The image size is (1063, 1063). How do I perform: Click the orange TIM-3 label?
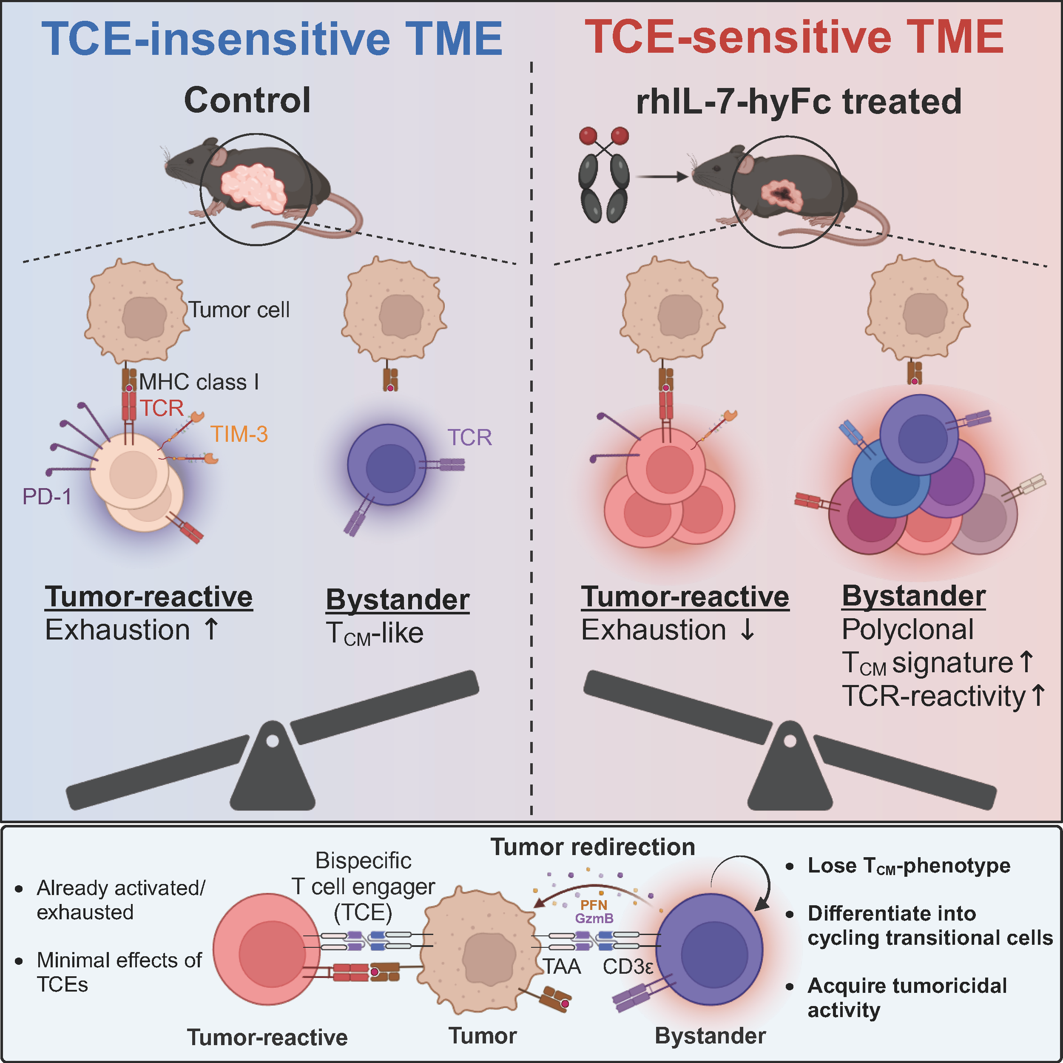[x=239, y=435]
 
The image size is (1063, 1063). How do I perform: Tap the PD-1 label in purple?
[x=47, y=497]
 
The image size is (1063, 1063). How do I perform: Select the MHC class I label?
[x=199, y=382]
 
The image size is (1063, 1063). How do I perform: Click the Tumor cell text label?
[x=239, y=310]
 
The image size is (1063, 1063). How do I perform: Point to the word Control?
[x=247, y=100]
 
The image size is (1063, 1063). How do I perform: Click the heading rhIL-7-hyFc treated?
[x=799, y=102]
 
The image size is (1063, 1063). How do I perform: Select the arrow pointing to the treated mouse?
[x=662, y=176]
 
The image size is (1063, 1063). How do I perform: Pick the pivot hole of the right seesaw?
[x=790, y=741]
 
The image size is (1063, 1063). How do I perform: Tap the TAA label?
[x=562, y=967]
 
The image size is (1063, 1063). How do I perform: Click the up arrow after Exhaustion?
[x=211, y=629]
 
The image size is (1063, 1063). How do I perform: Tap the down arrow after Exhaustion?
[x=747, y=629]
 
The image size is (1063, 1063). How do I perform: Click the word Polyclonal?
[x=908, y=629]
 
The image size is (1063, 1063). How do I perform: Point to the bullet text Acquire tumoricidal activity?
[x=907, y=998]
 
